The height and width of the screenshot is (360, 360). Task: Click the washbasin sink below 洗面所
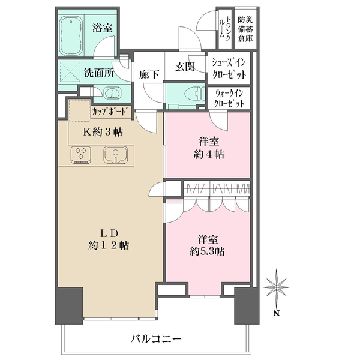[111, 93]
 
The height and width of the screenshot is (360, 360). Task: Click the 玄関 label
[185, 68]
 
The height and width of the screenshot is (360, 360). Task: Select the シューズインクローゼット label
[229, 67]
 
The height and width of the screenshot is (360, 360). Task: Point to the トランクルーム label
[222, 27]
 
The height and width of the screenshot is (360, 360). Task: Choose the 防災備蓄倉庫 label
[244, 27]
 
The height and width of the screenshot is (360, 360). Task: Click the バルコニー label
[156, 339]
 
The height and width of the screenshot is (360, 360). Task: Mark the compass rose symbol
[275, 289]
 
